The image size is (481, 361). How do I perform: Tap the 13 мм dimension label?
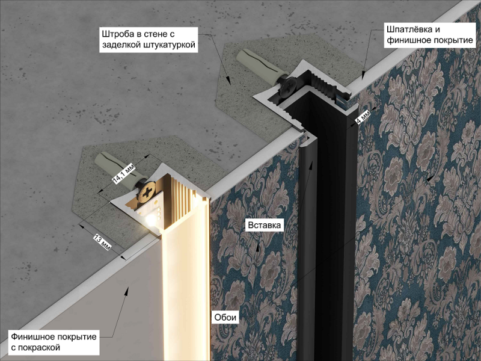102,242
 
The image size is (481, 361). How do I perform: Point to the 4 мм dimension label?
363,117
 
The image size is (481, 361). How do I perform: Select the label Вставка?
264,225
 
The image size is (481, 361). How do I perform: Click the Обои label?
225,317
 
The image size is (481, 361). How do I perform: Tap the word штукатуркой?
170,45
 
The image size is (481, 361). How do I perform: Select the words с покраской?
35,348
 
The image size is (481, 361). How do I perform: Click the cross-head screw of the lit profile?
148,193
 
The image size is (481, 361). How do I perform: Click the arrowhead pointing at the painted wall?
126,291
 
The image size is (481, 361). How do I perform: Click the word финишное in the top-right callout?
408,40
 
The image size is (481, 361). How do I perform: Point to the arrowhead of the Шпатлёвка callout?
363,75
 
